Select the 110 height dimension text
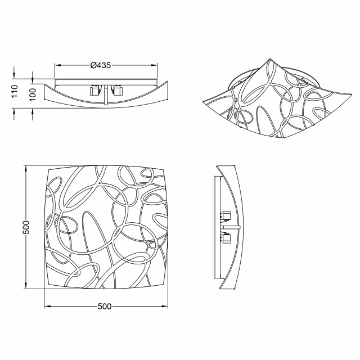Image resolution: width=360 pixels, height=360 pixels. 15,91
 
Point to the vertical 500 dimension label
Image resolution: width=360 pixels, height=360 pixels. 26,227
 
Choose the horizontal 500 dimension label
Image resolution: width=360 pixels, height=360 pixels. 105,307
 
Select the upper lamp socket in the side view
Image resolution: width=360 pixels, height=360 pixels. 227,214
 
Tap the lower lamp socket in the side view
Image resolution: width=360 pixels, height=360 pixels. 227,239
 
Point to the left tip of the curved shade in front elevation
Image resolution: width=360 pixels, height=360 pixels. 45,85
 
